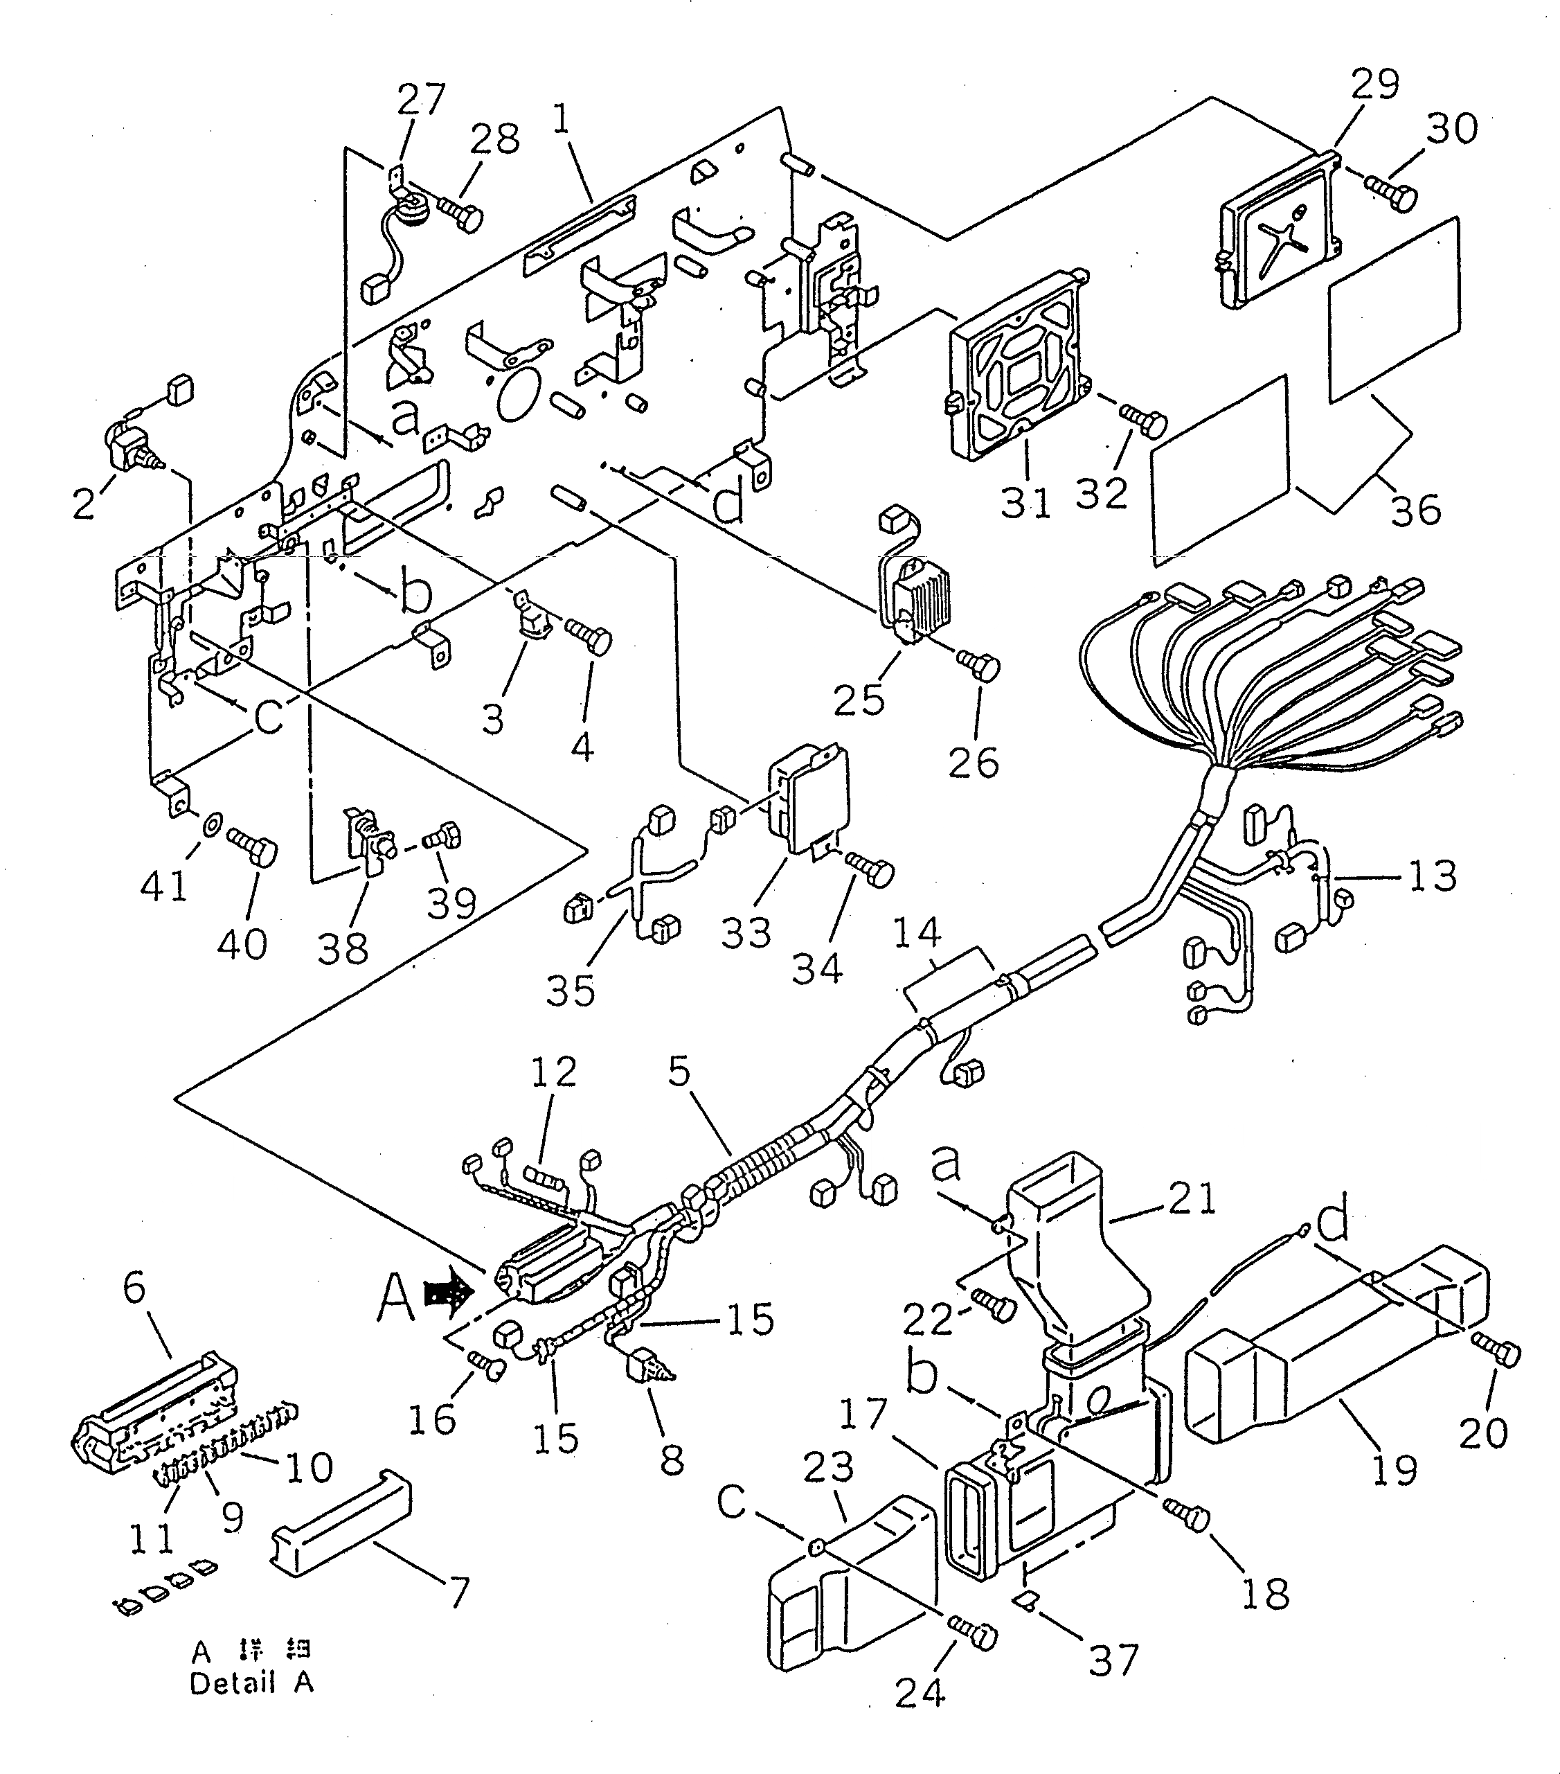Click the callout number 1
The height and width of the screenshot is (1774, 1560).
pos(562,119)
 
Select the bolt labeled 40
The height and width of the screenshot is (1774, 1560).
pos(253,844)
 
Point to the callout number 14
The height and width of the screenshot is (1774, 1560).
pos(917,932)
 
